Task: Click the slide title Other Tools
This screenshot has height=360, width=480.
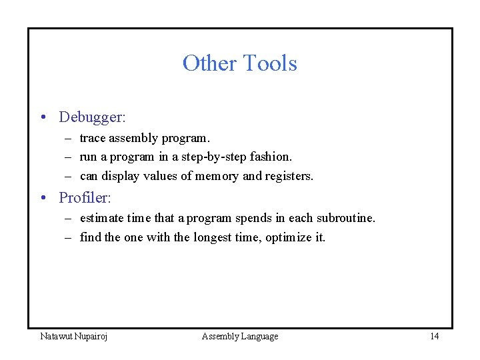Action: tap(239, 63)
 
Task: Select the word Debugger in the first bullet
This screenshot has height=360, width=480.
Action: tap(91, 117)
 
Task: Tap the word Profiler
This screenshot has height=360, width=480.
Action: tap(84, 198)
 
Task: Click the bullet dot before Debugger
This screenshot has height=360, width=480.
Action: tap(43, 118)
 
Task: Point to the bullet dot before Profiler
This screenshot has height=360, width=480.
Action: tap(43, 199)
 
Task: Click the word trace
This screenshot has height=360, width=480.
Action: tap(93, 139)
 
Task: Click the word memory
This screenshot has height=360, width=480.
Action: tap(214, 177)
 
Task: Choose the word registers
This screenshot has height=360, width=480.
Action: tap(289, 177)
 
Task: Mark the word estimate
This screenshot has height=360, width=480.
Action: tap(102, 219)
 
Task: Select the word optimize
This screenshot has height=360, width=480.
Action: tap(288, 238)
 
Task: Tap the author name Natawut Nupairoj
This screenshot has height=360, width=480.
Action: tap(74, 337)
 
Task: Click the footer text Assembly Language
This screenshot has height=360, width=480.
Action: tap(240, 337)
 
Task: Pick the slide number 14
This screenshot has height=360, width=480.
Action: tap(434, 337)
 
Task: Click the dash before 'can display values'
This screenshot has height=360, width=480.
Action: tap(68, 177)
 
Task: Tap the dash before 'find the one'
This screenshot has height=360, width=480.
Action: tap(68, 238)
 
